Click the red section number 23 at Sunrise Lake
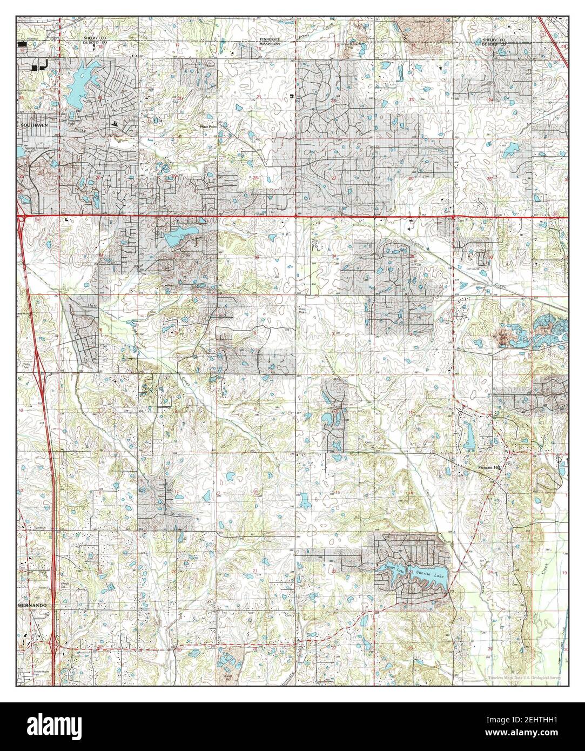(x=411, y=572)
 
